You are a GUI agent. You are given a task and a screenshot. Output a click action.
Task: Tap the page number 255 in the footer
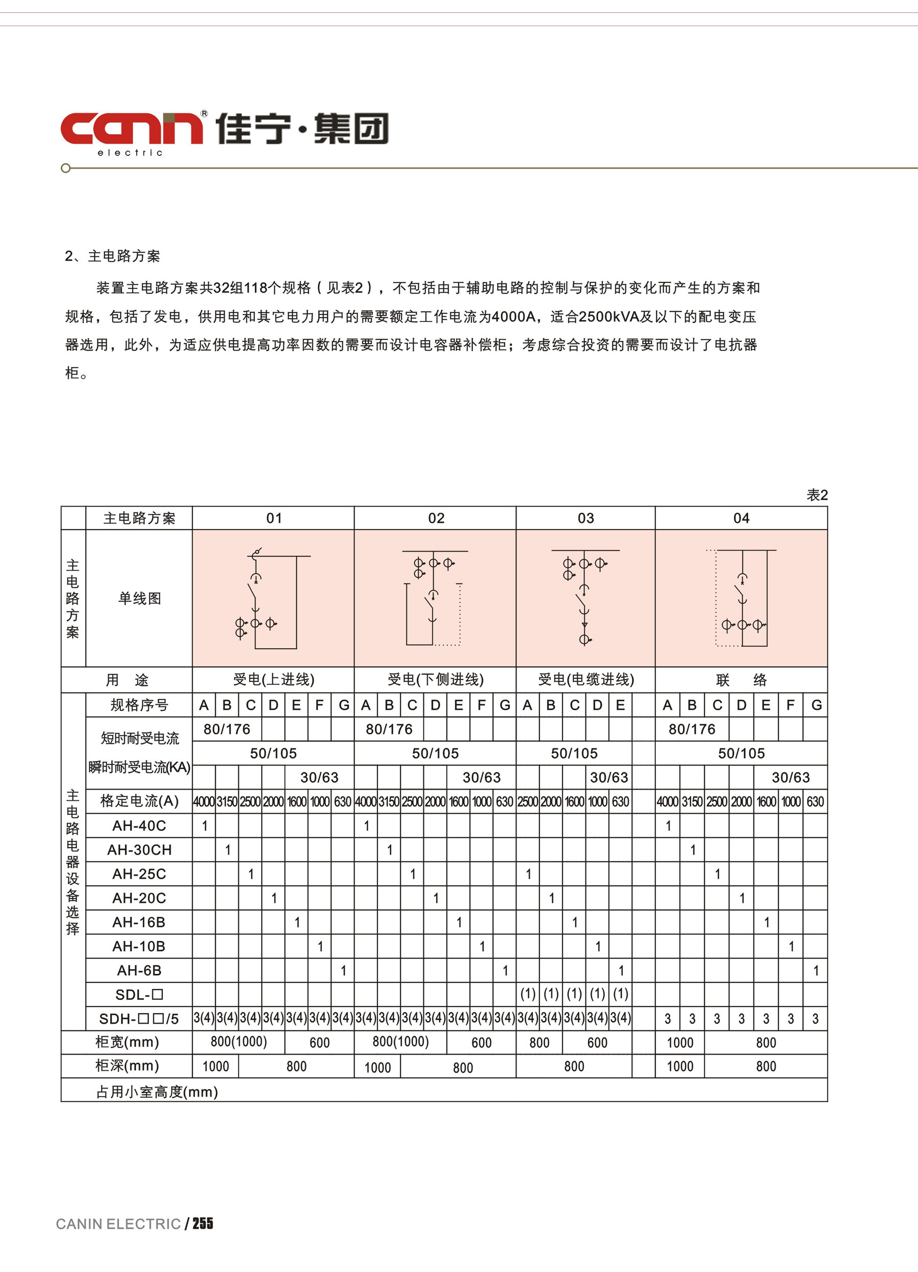click(202, 1223)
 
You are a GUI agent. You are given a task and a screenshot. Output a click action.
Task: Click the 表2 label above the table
click(817, 495)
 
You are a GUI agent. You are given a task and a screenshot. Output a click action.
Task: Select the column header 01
click(274, 518)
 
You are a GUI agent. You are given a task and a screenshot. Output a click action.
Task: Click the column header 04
click(741, 518)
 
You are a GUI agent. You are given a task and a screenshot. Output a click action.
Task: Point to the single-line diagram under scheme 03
click(585, 598)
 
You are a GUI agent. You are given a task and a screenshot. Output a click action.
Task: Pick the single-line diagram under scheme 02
click(435, 598)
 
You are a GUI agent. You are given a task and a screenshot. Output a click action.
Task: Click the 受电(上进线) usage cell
click(274, 680)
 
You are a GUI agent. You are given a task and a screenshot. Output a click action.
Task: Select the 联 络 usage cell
click(741, 680)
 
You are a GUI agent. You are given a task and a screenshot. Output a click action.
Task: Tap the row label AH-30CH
click(139, 850)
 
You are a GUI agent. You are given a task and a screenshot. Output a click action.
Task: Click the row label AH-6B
click(139, 970)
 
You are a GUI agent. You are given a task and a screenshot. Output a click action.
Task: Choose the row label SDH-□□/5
click(139, 1019)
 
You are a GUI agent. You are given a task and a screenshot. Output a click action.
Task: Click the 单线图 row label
click(139, 598)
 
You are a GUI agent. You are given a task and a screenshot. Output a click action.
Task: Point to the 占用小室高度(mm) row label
click(157, 1092)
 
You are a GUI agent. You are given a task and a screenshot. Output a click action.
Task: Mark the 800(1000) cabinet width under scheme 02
click(401, 1042)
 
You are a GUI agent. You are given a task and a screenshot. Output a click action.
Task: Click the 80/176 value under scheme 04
click(692, 729)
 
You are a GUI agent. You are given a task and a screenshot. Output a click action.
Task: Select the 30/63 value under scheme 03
click(609, 777)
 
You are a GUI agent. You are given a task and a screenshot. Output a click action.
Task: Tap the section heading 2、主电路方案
click(112, 256)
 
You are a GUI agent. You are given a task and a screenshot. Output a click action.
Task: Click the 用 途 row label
click(127, 680)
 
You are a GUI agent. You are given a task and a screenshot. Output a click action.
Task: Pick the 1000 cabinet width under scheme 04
click(680, 1043)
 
